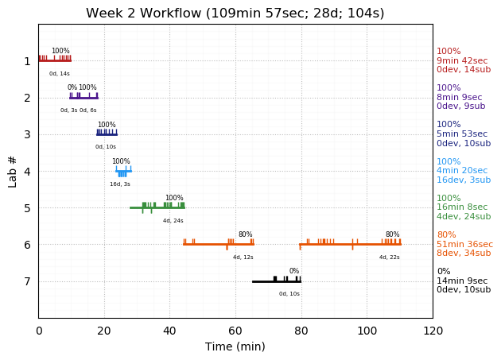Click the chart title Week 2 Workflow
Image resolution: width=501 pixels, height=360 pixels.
pos(235,14)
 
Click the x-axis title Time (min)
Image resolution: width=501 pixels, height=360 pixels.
pos(235,346)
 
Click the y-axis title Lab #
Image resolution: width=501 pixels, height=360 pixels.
pos(13,171)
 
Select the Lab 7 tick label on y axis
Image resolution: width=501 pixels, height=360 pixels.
pos(27,281)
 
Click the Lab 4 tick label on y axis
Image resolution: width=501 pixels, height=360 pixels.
pos(27,171)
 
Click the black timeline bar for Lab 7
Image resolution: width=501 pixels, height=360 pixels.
pos(276,281)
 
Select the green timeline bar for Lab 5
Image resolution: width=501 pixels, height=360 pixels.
pos(157,207)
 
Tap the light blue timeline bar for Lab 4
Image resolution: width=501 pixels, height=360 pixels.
pos(123,171)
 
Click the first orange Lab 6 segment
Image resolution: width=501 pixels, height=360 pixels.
pos(219,244)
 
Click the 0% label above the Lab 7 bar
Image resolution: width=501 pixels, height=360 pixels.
pos(294,271)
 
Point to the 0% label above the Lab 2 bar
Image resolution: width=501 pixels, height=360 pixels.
pos(72,87)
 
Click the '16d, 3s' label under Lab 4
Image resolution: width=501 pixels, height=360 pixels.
pos(120,184)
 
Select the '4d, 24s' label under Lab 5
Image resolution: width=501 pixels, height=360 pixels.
pos(173,220)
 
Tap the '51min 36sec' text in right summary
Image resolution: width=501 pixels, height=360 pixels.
pos(464,245)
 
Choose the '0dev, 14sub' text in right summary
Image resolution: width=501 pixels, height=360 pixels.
pos(464,70)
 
